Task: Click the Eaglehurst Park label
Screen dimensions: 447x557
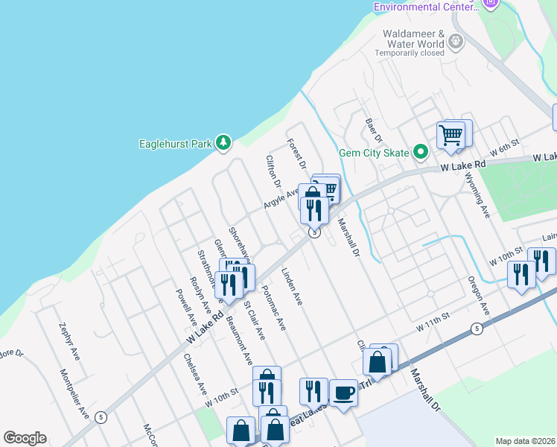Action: tap(175, 144)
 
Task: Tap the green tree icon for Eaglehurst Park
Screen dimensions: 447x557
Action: tap(223, 142)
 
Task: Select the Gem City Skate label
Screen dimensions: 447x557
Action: tap(374, 153)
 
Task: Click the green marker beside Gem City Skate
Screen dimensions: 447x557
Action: tap(421, 153)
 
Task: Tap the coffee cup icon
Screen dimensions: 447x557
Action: tap(343, 393)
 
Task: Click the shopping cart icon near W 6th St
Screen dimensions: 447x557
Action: tap(451, 135)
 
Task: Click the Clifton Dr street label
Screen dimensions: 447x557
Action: tap(273, 171)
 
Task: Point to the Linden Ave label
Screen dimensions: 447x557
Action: tap(292, 287)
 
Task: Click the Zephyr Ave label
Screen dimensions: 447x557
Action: tap(69, 342)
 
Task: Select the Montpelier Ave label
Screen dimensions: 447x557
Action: tap(74, 393)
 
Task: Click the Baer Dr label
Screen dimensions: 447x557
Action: tap(373, 130)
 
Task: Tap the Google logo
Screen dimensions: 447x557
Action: tap(25, 438)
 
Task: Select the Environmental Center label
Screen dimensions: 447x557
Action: tap(424, 7)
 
